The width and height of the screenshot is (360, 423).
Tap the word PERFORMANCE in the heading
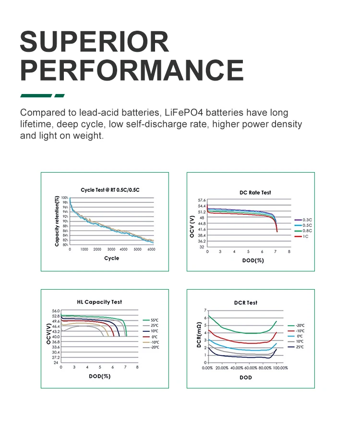132,70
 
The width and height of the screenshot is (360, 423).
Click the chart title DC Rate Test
255,192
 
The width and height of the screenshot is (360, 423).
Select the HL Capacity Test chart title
99,302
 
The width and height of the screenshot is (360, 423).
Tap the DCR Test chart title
245,303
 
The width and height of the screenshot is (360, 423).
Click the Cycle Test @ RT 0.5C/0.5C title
110,190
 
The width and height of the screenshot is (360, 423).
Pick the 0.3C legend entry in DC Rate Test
307,219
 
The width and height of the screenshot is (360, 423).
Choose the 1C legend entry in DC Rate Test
305,236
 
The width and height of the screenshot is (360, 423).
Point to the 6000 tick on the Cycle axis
151,250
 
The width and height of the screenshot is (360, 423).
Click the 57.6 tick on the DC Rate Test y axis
201,200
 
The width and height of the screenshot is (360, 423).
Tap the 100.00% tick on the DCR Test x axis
280,368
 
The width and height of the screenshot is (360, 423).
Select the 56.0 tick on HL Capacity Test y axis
55,311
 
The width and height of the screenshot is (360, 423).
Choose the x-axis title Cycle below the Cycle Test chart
111,258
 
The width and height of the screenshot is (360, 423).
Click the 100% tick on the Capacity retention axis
64,197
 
